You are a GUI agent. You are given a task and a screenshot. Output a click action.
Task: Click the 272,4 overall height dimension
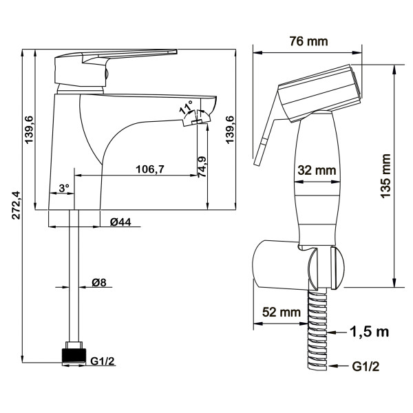[x=17, y=205]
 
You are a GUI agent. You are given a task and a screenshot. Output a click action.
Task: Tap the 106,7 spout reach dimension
[x=150, y=169]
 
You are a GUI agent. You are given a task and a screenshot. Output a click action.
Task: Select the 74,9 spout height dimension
[x=202, y=167]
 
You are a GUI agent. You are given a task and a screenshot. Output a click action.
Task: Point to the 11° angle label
[x=186, y=107]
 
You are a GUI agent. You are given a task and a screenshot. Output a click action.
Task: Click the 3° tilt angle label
[x=64, y=188]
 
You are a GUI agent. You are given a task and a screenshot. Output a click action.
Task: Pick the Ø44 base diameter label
[x=120, y=222]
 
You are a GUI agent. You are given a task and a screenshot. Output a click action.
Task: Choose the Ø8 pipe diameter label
[x=99, y=283]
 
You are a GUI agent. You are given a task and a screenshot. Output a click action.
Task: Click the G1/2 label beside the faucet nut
[x=103, y=361]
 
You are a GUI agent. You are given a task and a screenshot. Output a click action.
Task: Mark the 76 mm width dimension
[x=308, y=41]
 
